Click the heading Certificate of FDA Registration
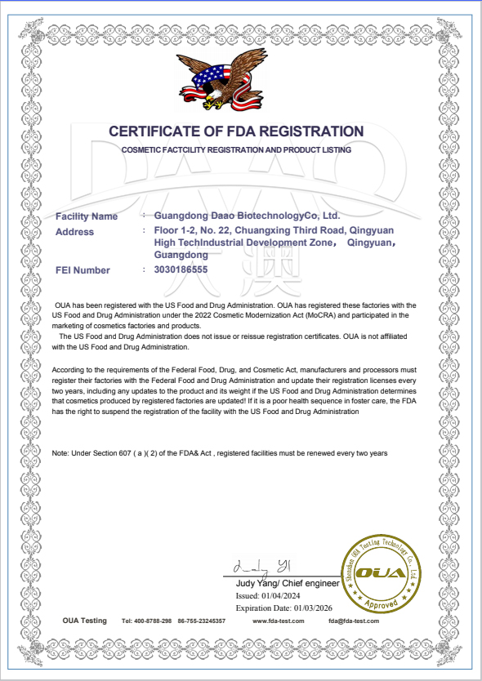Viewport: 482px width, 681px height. [236, 131]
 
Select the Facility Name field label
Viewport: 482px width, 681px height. [87, 216]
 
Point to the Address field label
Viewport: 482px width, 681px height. [74, 232]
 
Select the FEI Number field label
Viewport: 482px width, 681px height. [83, 269]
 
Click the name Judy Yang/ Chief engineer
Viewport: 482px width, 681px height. [287, 584]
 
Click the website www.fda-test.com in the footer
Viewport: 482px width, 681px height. [279, 621]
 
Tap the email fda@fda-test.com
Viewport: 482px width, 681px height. [354, 621]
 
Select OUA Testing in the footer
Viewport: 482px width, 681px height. [85, 621]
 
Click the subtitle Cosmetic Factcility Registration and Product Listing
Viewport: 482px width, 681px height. [236, 150]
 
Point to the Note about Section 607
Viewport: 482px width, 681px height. [219, 452]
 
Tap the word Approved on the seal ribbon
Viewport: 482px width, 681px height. [381, 604]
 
